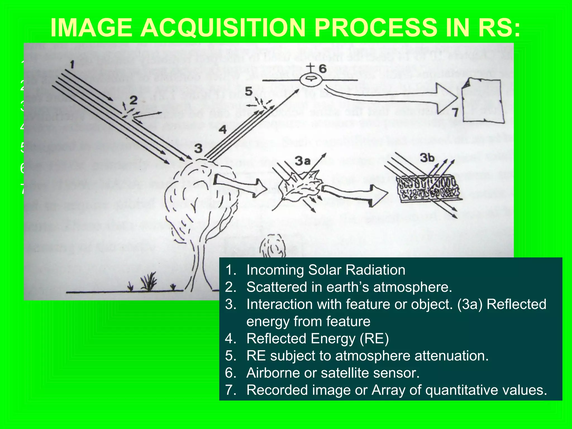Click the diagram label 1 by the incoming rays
pyautogui.click(x=72, y=65)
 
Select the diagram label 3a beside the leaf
pyautogui.click(x=303, y=161)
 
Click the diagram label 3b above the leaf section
pyautogui.click(x=427, y=158)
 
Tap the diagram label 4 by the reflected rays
pyautogui.click(x=222, y=130)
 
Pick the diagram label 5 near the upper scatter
pyautogui.click(x=249, y=91)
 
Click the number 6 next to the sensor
pyautogui.click(x=323, y=68)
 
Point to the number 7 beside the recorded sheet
pyautogui.click(x=455, y=112)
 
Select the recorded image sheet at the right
pyautogui.click(x=483, y=101)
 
